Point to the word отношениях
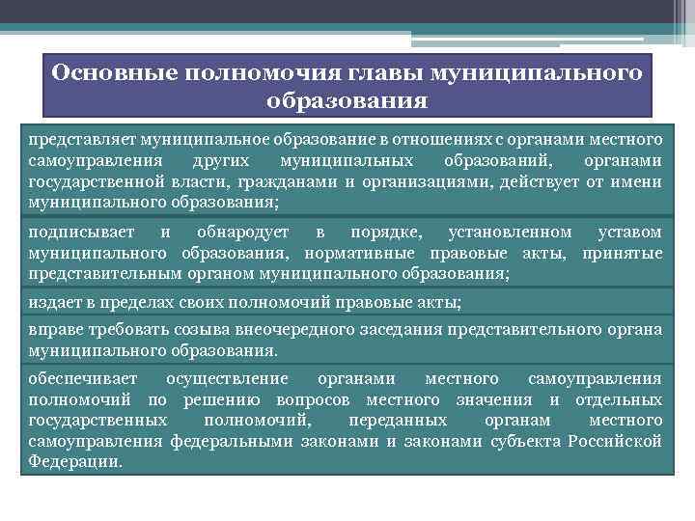click(422, 139)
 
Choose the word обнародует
click(241, 233)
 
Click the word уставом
click(629, 233)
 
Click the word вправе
click(52, 330)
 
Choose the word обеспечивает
click(83, 378)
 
